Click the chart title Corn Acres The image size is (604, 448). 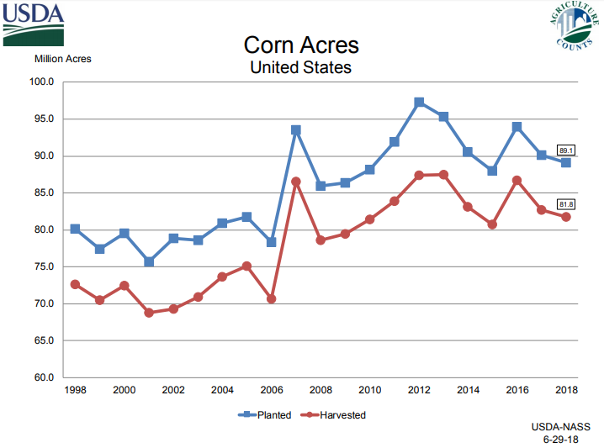(301, 44)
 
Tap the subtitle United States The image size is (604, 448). (301, 66)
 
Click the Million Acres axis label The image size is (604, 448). (63, 59)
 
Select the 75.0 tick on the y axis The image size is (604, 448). (43, 266)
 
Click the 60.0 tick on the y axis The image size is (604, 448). (43, 377)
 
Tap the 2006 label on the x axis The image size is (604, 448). (271, 390)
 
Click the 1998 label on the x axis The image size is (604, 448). (75, 390)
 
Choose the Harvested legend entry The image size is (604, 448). (336, 414)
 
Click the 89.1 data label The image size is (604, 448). (566, 149)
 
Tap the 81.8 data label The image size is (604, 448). (566, 203)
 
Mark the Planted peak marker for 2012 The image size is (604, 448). (419, 103)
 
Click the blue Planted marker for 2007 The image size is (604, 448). (296, 130)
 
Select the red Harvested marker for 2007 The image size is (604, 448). (296, 182)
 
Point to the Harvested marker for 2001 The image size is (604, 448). (149, 313)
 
